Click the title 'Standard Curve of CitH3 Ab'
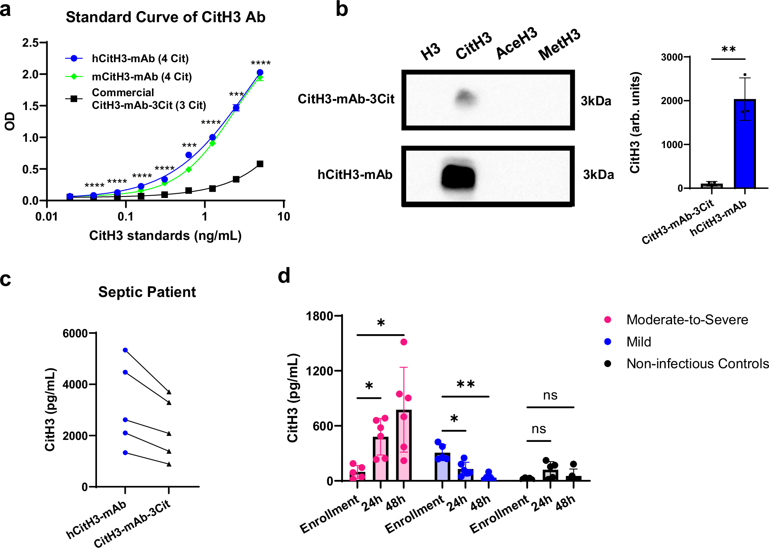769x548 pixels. tap(165, 17)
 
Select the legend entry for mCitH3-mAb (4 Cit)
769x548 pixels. tap(141, 77)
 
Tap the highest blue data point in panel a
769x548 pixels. tap(260, 72)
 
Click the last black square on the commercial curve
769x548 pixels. tap(260, 164)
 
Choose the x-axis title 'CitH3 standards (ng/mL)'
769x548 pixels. tap(165, 236)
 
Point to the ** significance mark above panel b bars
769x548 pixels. tap(728, 50)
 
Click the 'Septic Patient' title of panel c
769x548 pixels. tap(147, 292)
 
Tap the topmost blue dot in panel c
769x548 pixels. tap(125, 350)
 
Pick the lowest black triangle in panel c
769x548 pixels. tap(169, 464)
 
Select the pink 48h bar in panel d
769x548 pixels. tap(404, 445)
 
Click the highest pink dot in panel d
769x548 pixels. tap(404, 342)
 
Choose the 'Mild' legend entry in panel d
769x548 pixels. tap(638, 342)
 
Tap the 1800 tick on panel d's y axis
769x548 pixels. tap(319, 316)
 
